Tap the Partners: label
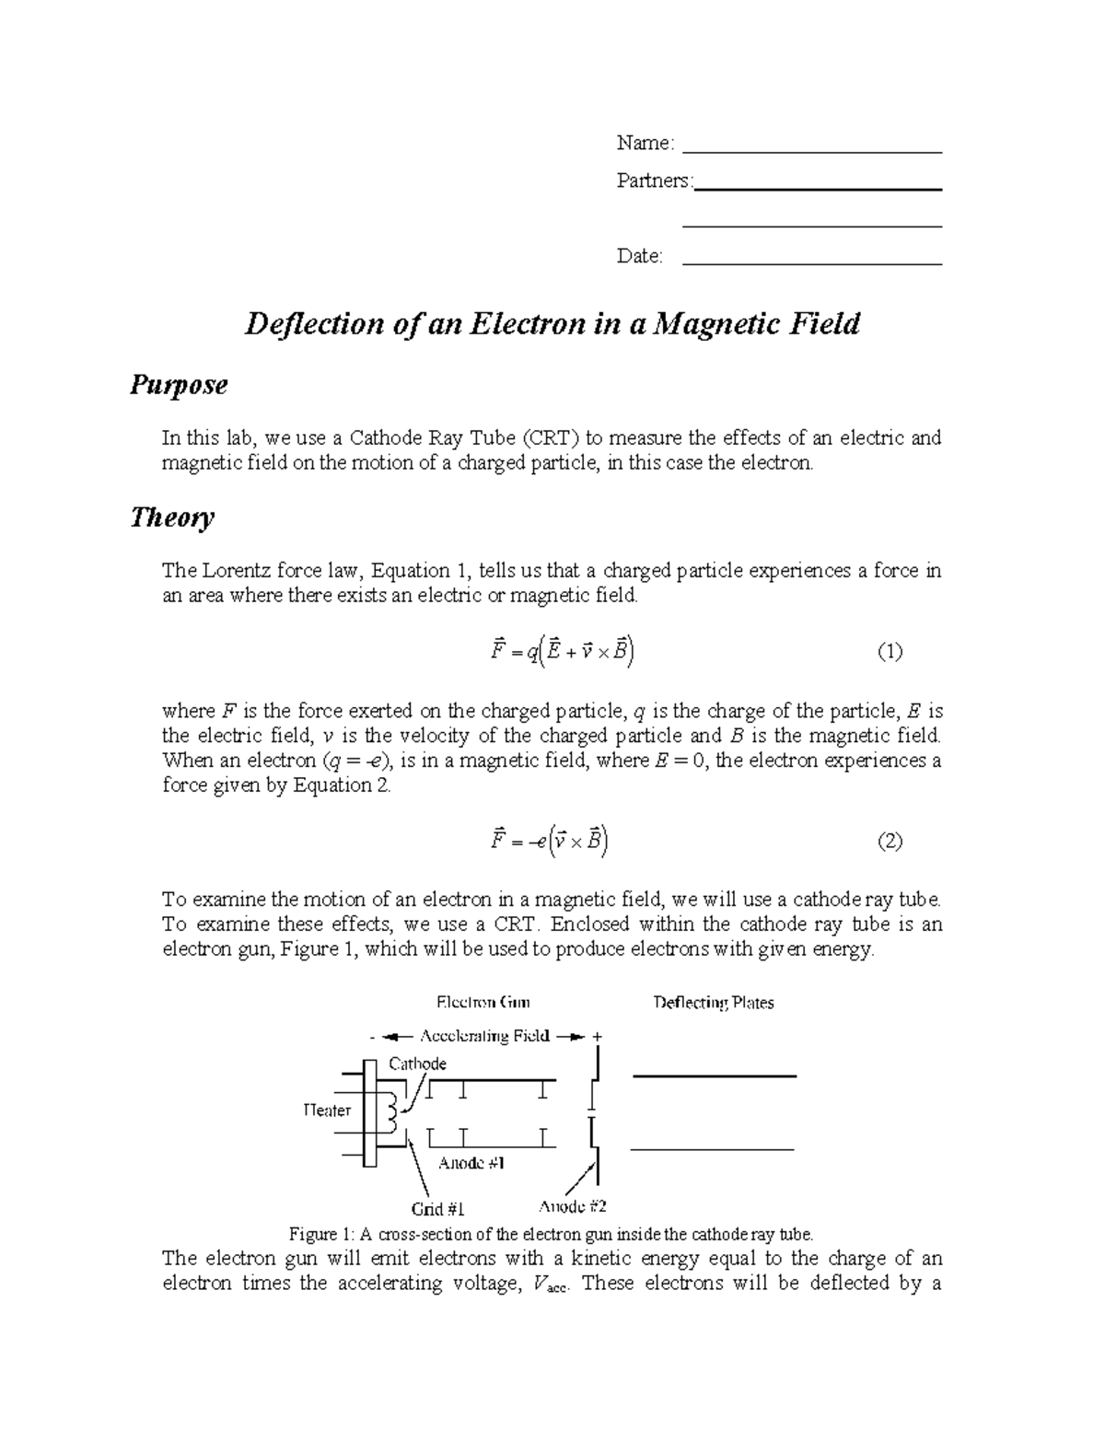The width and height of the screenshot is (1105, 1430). [x=654, y=181]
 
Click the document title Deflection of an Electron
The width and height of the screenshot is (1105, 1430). [x=551, y=324]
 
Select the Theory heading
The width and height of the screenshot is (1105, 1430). [x=172, y=517]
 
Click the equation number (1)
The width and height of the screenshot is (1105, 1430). [x=890, y=653]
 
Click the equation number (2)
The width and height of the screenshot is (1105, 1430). [x=890, y=841]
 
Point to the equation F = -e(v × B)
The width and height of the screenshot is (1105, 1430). [x=550, y=841]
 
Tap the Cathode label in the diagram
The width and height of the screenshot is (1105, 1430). [x=417, y=1064]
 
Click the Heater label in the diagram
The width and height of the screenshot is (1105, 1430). [x=327, y=1110]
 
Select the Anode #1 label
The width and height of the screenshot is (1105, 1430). [x=472, y=1163]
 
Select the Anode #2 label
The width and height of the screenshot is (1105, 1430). [x=572, y=1206]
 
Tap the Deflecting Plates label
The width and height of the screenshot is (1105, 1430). [x=714, y=1003]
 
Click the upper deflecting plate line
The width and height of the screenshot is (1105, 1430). [x=714, y=1075]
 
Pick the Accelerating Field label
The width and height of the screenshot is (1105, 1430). [x=484, y=1036]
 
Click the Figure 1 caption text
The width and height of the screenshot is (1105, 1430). [x=552, y=1234]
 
